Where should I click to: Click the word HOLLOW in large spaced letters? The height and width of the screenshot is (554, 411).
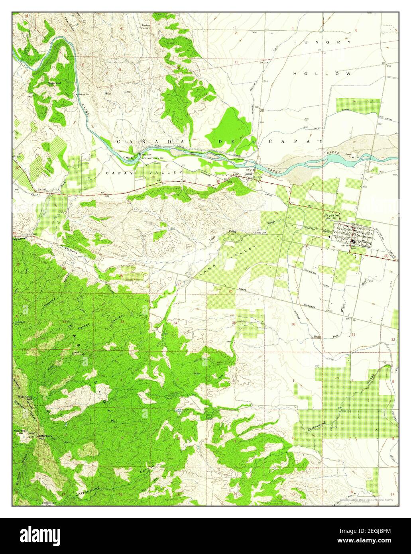pos(322,74)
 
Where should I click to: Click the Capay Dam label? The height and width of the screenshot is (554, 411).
pos(145,155)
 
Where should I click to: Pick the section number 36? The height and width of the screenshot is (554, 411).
pos(293,324)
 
